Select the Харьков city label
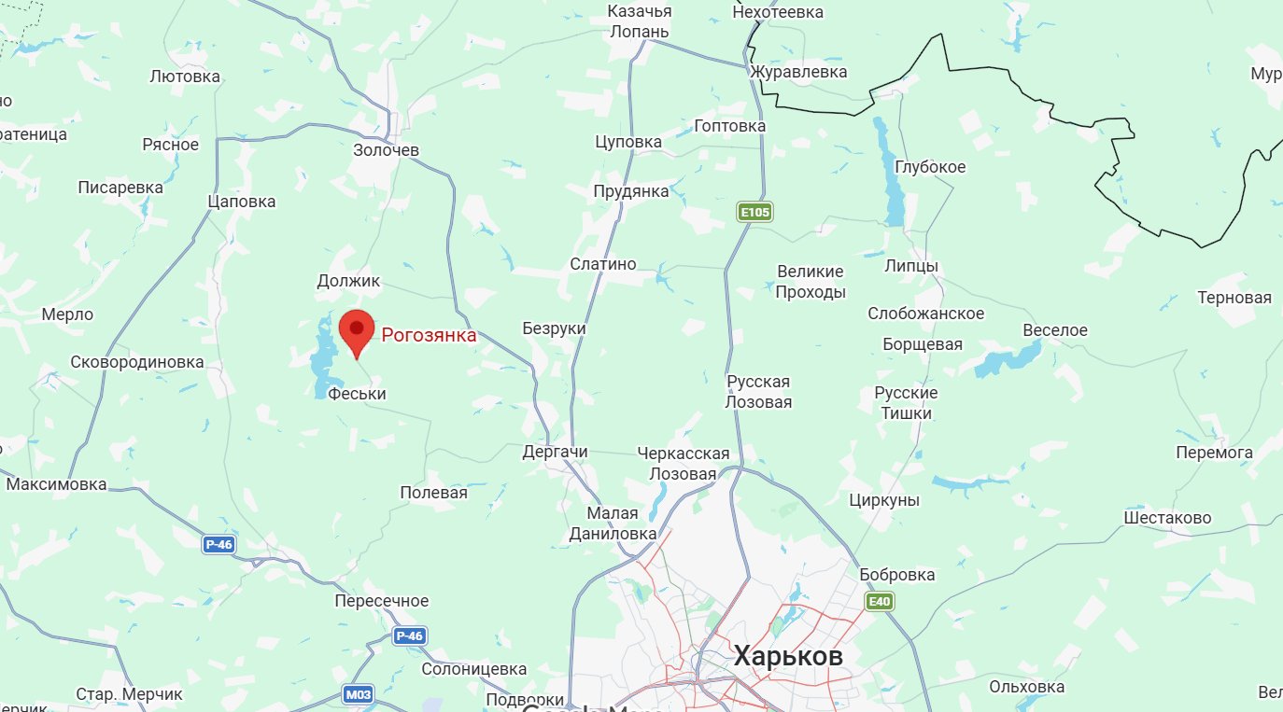(x=788, y=656)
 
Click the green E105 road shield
(x=754, y=213)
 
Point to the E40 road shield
(x=879, y=602)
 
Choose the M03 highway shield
(x=358, y=694)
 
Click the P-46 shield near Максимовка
(x=219, y=544)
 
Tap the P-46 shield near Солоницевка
(x=409, y=636)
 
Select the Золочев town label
(x=387, y=150)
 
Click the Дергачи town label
(x=555, y=453)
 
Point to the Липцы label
(x=911, y=266)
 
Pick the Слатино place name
(x=603, y=264)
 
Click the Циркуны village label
(x=884, y=500)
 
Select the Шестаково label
(x=1167, y=518)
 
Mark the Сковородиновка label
(x=137, y=362)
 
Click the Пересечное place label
(x=382, y=601)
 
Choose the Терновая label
(x=1234, y=299)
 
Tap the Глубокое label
(x=930, y=167)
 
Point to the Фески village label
(x=358, y=395)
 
